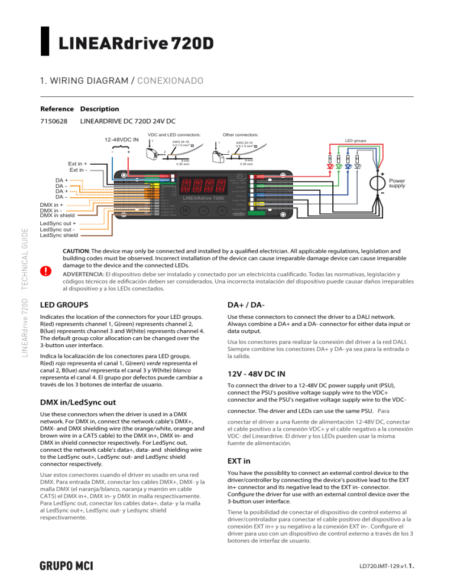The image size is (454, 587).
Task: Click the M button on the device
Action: click(x=186, y=211)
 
